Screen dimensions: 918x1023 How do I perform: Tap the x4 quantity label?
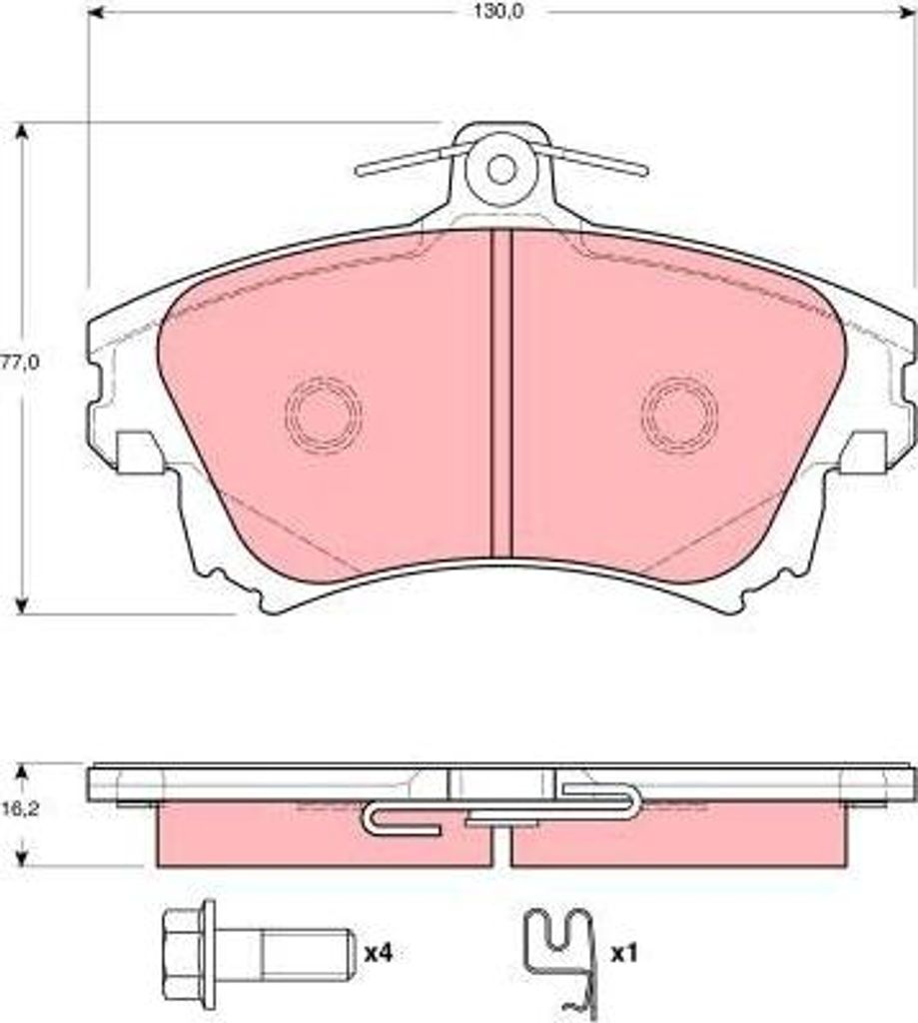[379, 954]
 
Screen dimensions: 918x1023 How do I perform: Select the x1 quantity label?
[623, 954]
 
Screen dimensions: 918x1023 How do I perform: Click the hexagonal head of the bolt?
[188, 954]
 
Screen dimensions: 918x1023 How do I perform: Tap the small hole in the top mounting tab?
[501, 170]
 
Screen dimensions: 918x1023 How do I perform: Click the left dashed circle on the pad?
[324, 414]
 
